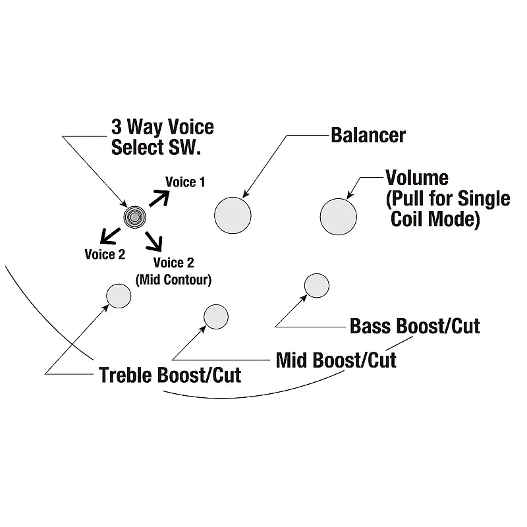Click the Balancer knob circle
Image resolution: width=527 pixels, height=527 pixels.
pos(233,214)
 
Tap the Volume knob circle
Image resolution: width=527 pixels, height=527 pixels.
pos(338,216)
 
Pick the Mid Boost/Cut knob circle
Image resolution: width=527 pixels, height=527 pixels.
pos(216,317)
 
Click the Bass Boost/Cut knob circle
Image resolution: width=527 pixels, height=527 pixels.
pos(316,285)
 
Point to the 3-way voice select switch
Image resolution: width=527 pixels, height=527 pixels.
pos(134,216)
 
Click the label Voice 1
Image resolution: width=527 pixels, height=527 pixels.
pos(184,182)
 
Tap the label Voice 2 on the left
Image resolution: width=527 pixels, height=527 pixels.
pos(105,254)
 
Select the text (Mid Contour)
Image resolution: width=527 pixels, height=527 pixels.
pos(173,279)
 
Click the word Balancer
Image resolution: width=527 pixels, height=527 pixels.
pos(368,136)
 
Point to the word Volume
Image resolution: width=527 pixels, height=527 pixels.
pos(417,177)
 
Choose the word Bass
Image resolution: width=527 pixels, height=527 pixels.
pos(372,326)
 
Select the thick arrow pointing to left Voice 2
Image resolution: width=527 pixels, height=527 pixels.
pos(109,233)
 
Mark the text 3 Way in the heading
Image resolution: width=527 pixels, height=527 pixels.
pos(136,126)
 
